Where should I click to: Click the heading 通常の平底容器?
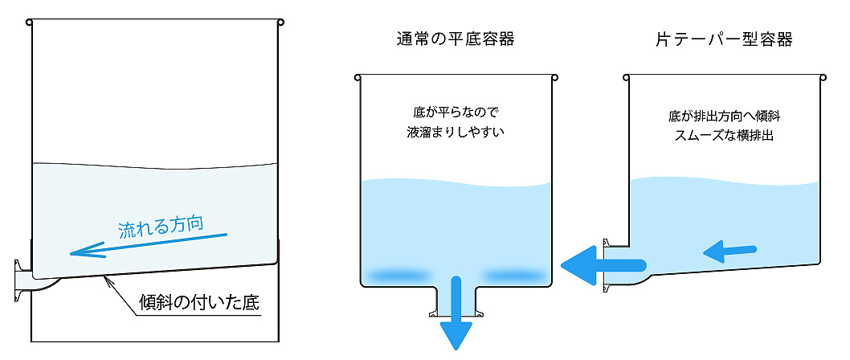point(456,39)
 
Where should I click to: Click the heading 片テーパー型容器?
point(724,39)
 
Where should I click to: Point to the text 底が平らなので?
point(456,111)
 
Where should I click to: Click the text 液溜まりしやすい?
point(456,131)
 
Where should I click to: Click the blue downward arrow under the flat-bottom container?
point(456,313)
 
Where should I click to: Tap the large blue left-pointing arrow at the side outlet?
point(599,264)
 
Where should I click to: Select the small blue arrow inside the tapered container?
point(729,252)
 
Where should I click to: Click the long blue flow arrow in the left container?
point(149,243)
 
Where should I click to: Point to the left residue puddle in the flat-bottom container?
point(398,275)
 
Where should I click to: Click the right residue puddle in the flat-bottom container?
point(514,275)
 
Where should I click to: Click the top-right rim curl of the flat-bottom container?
point(555,77)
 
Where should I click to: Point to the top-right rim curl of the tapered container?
point(823,77)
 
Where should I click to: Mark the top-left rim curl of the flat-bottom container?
point(357,77)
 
